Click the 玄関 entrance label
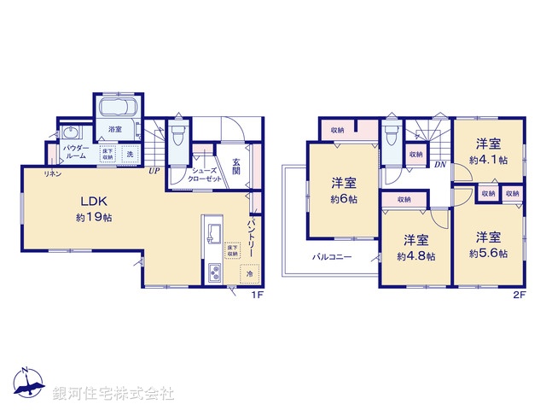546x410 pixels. [x=235, y=165]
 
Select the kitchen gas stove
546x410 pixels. [x=214, y=273]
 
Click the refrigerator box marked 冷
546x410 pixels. [x=249, y=274]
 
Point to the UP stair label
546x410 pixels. [x=154, y=170]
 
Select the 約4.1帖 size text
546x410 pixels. [x=488, y=159]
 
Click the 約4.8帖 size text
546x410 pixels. [x=416, y=255]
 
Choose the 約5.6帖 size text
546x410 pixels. [x=488, y=254]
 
